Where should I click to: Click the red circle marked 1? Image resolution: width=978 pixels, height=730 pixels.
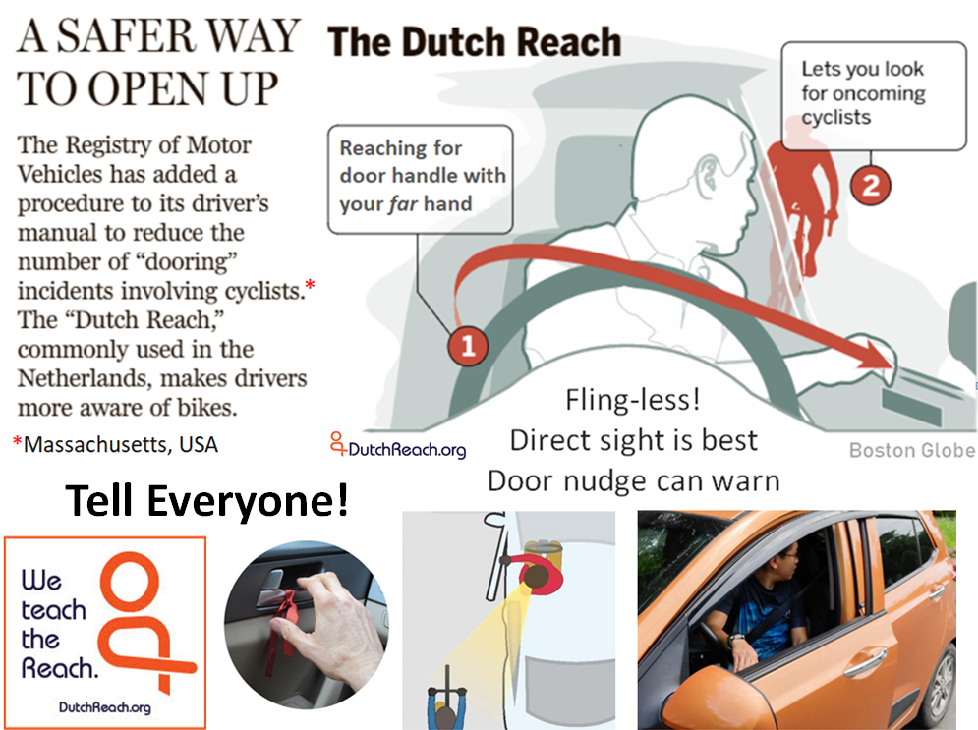click(x=468, y=346)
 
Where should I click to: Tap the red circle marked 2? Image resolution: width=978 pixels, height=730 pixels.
click(x=870, y=185)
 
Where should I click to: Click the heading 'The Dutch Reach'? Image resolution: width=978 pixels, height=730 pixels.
click(x=474, y=42)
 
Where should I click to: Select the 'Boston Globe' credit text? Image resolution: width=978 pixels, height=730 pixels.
click(x=912, y=449)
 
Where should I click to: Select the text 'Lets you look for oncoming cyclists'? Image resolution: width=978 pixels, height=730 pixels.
click(x=863, y=93)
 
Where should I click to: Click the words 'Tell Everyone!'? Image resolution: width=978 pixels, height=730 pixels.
click(x=206, y=501)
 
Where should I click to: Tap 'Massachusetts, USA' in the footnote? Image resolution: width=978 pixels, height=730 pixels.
click(x=120, y=444)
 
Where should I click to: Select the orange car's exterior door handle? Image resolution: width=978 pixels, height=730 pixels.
click(x=865, y=661)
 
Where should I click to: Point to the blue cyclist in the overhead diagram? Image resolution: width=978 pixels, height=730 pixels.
click(x=446, y=702)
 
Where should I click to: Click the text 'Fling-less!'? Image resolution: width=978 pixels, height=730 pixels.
click(x=632, y=400)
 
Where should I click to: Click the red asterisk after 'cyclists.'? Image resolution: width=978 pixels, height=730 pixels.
click(x=310, y=285)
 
